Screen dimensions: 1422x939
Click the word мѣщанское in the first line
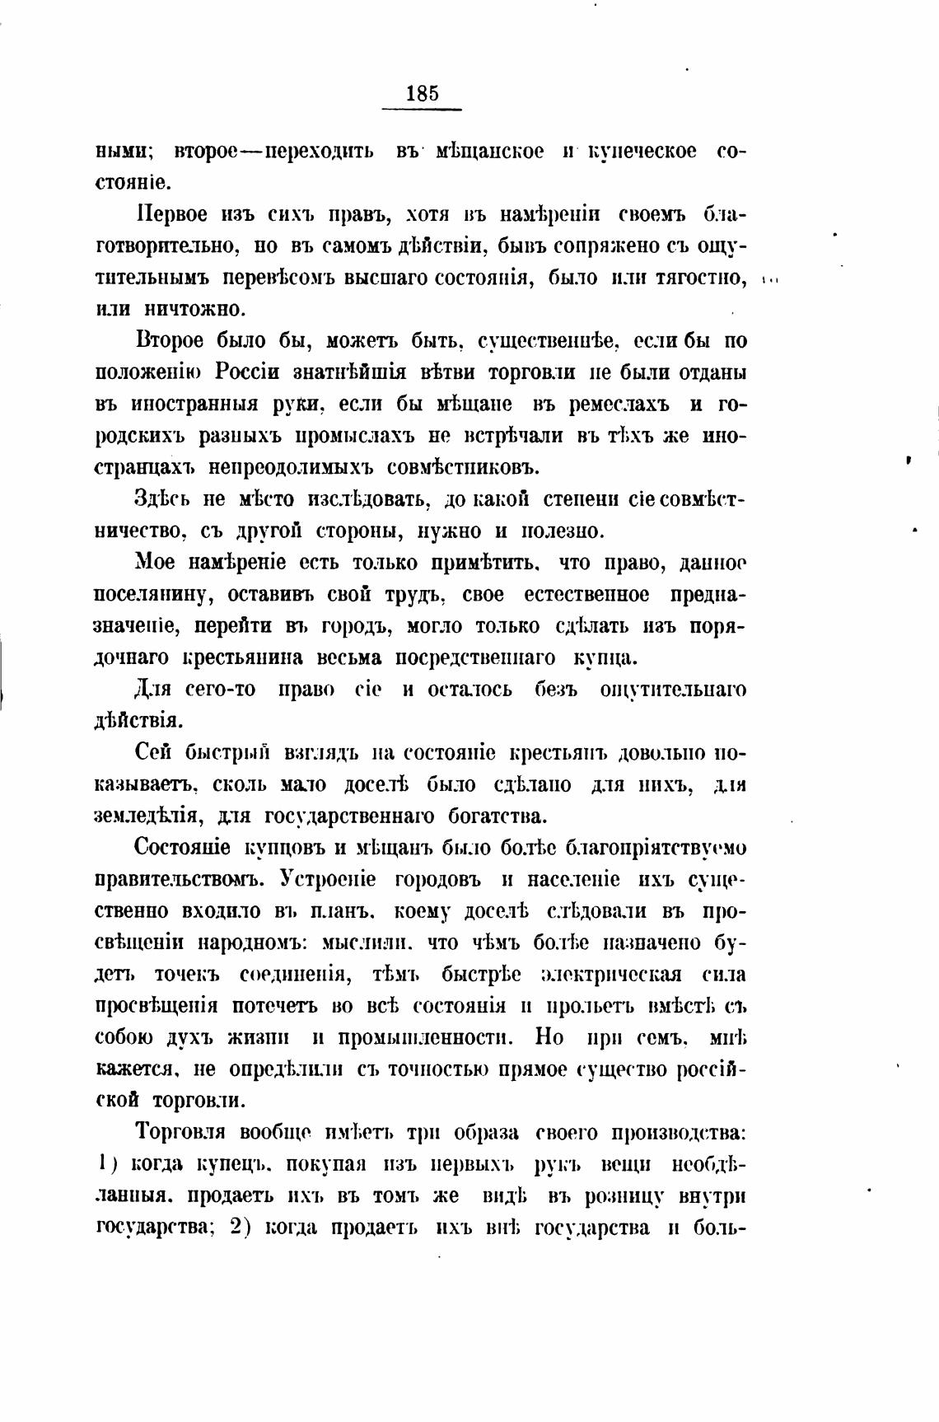(x=490, y=152)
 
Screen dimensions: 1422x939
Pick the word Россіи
(x=253, y=372)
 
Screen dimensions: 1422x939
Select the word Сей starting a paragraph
(x=152, y=753)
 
